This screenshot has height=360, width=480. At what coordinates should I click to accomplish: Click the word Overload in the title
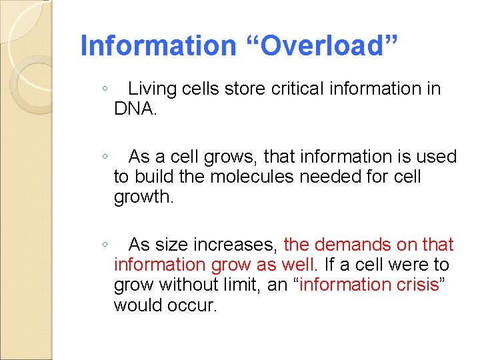(x=325, y=46)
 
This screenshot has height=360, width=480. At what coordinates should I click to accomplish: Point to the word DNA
(x=133, y=109)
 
